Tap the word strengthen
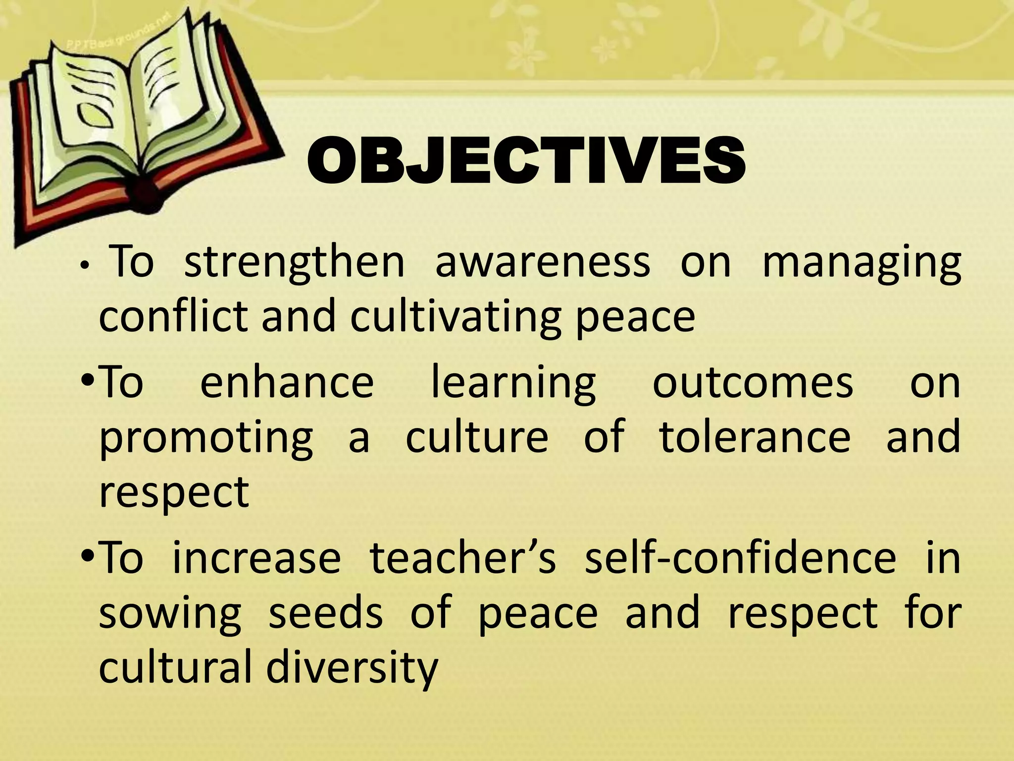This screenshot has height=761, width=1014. click(295, 263)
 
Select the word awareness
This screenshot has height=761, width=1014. click(543, 263)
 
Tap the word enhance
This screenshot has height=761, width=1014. click(287, 382)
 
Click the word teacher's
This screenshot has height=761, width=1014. click(463, 558)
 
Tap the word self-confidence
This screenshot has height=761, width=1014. click(740, 558)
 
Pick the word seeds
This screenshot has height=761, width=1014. click(325, 612)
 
